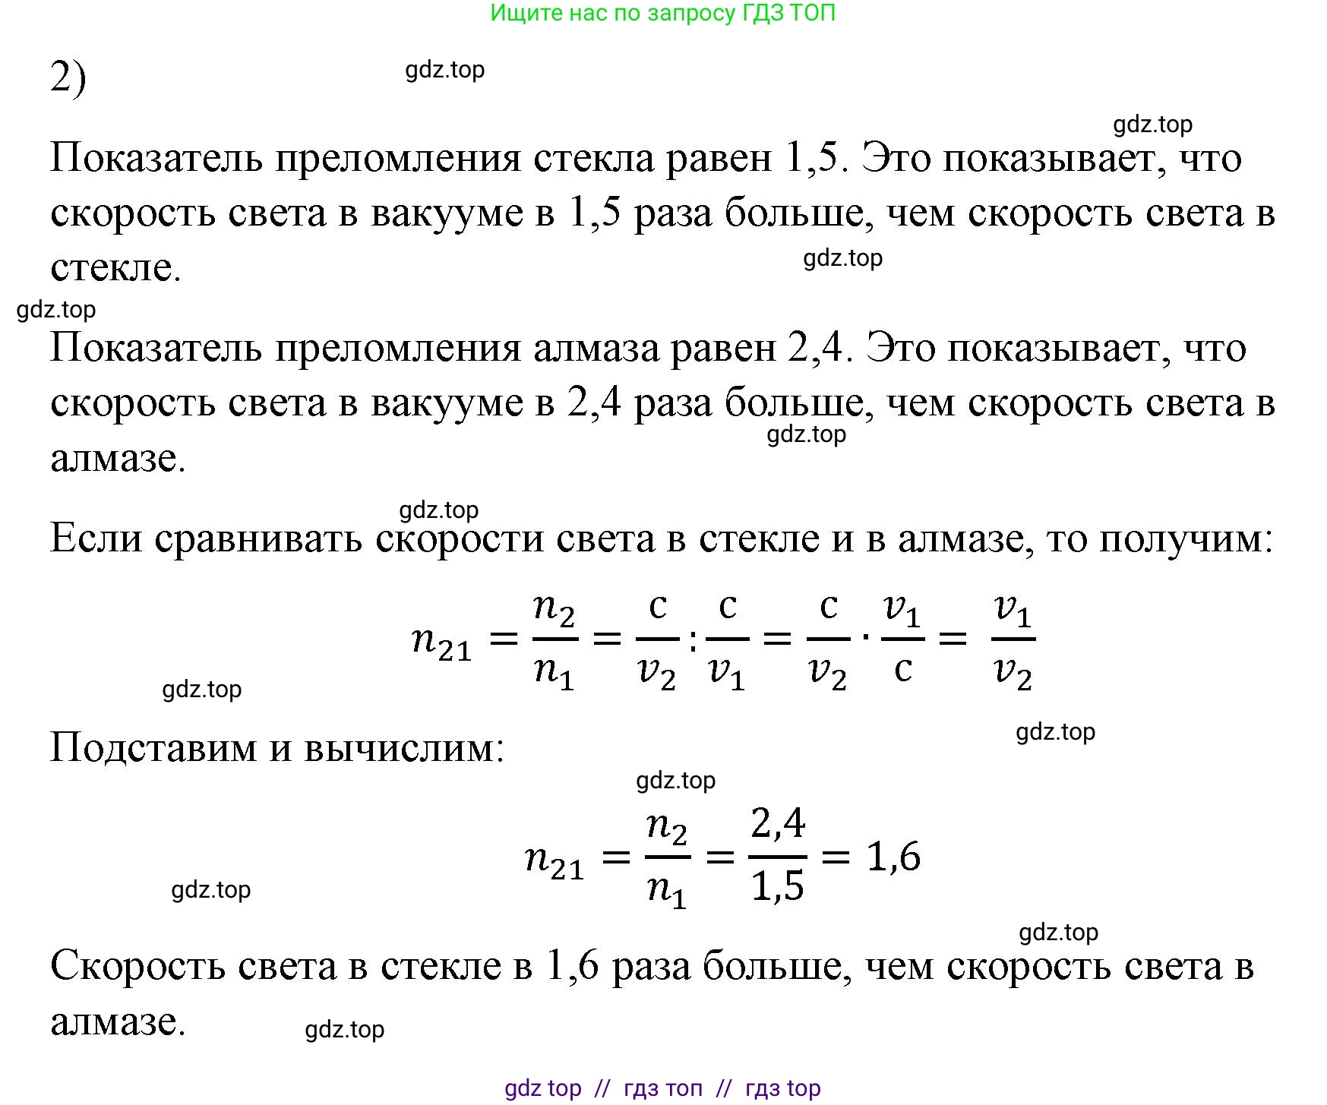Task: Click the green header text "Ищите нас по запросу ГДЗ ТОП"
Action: [662, 13]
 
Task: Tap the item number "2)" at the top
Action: [68, 77]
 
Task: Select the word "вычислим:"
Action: [404, 748]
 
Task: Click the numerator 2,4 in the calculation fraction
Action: [778, 824]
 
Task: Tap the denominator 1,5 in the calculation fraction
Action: [778, 886]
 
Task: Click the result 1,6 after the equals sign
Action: [893, 857]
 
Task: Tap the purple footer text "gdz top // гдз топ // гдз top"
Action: [662, 1088]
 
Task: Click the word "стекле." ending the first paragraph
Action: [115, 267]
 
